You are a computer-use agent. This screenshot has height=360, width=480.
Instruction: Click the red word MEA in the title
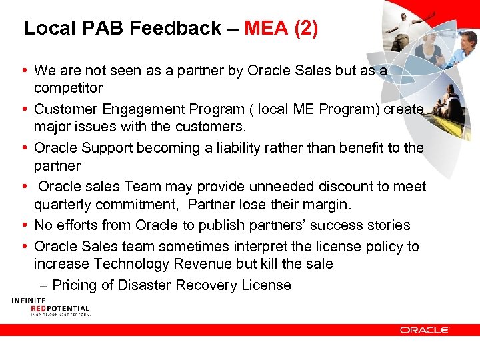pos(267,28)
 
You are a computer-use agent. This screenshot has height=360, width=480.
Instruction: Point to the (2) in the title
pos(307,28)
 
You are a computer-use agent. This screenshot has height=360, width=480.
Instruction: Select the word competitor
pos(68,88)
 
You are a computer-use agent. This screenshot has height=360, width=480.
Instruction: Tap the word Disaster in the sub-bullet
pos(145,285)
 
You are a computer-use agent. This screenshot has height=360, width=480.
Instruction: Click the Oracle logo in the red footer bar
pos(424,329)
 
